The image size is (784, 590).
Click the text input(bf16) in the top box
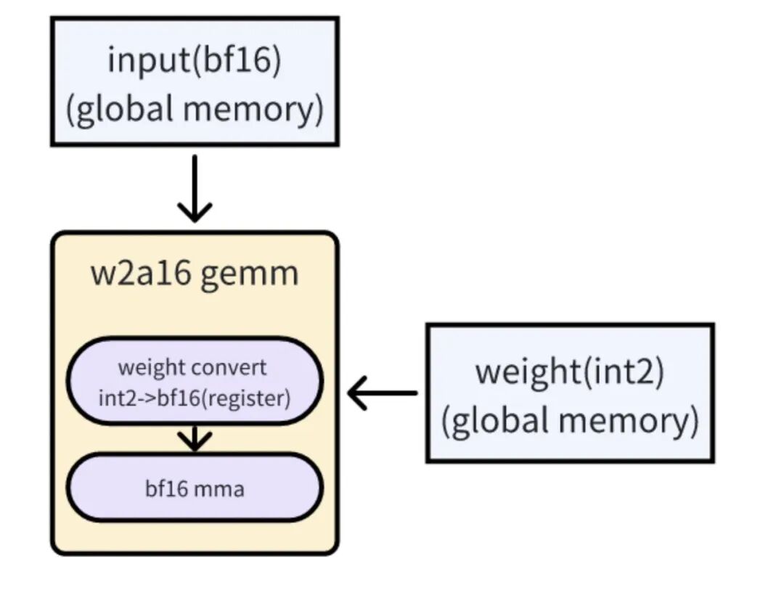pos(194,60)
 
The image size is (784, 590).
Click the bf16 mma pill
pos(194,487)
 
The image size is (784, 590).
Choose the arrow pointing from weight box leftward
pos(383,393)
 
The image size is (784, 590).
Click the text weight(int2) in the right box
pos(570,371)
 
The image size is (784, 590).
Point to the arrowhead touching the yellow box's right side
pos(357,393)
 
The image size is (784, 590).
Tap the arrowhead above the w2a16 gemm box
pos(194,213)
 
